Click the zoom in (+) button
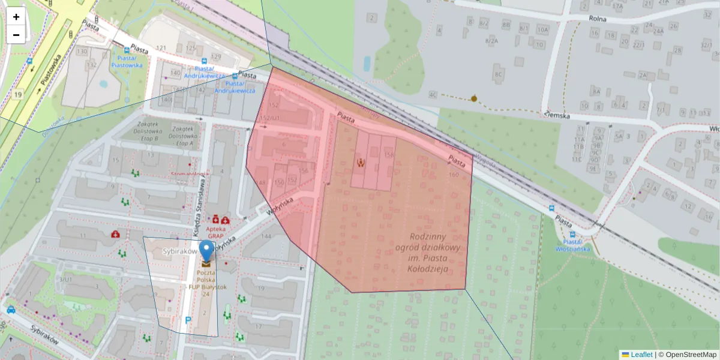point(16,17)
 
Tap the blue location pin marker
point(206,251)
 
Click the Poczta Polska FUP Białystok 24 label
point(206,283)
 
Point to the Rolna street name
point(597,19)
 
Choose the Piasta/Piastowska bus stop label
point(127,61)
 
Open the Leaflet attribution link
point(641,355)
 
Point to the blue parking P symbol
point(188,320)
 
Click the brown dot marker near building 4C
point(474,98)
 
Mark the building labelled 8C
point(497,74)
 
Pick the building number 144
point(266,236)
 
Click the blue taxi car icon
point(11,310)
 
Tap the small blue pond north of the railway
point(367,63)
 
